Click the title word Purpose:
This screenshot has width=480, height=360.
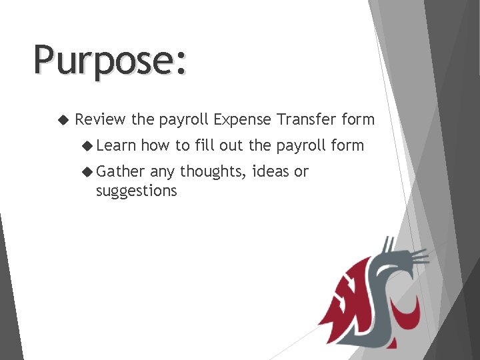pos(111,61)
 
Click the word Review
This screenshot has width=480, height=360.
pos(100,120)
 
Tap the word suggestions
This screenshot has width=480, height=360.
pos(136,191)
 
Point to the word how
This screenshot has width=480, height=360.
pos(155,146)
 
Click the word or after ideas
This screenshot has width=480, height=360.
pos(301,172)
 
